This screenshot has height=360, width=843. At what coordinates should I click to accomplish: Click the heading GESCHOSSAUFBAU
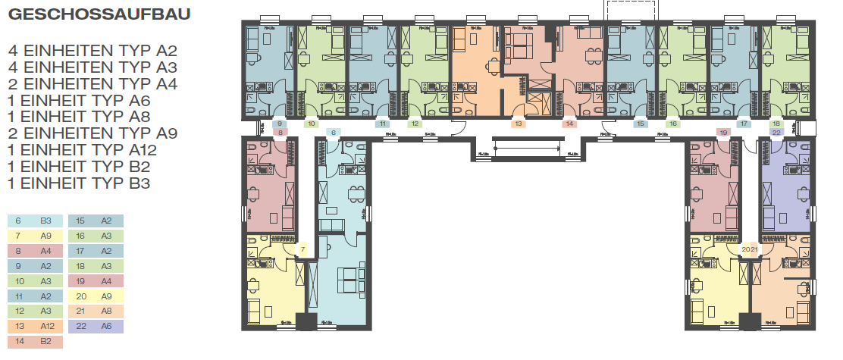(x=99, y=14)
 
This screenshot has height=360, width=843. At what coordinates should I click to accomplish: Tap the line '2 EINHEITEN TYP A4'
(x=92, y=83)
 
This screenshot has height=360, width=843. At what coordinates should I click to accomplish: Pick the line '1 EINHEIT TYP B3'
(x=79, y=183)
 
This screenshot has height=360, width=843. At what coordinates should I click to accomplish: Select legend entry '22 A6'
(x=95, y=327)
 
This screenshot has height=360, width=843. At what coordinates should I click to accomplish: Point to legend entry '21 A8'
(x=95, y=311)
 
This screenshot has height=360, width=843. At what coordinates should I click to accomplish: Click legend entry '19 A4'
(x=95, y=281)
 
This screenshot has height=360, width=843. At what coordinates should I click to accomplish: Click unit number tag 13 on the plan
(x=519, y=124)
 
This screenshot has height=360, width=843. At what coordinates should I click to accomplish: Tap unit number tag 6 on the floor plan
(x=331, y=133)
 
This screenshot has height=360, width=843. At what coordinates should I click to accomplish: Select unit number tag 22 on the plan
(x=776, y=132)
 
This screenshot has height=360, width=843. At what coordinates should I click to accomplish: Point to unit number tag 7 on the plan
(x=302, y=249)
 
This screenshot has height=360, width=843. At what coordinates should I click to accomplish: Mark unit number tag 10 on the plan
(x=311, y=124)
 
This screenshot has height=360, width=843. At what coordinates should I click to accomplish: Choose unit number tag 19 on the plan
(x=724, y=133)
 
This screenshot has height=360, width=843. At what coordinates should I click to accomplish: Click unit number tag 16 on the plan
(x=672, y=124)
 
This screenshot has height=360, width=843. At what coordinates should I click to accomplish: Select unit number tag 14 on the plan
(x=569, y=124)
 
